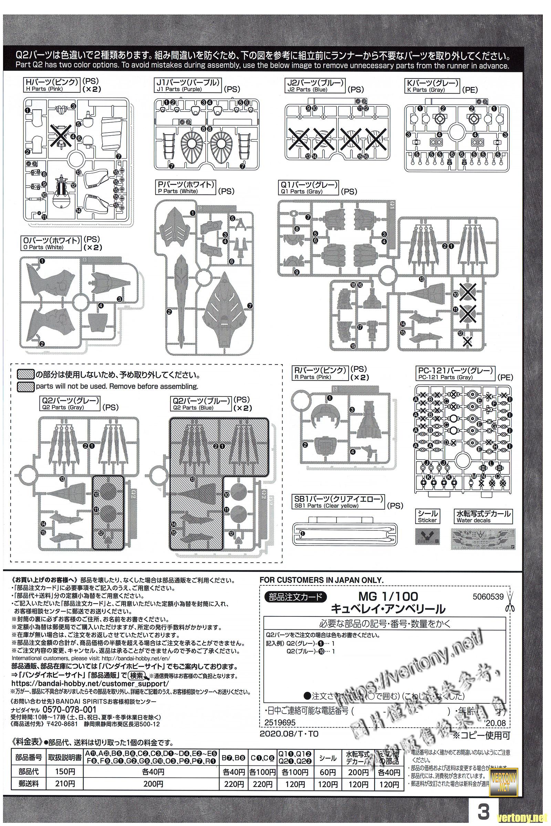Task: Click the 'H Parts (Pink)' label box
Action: [x=52, y=85]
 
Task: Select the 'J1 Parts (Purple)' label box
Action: [x=188, y=85]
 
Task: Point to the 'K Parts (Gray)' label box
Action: [x=432, y=85]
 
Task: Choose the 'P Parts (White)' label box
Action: [x=186, y=188]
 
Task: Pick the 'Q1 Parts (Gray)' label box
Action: [x=308, y=188]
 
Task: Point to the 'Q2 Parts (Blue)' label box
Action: [x=201, y=404]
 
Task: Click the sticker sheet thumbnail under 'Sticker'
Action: [x=427, y=537]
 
